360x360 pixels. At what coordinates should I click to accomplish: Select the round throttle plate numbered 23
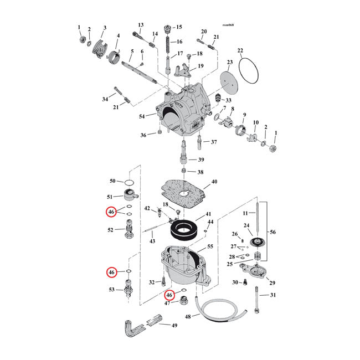[x=229, y=82]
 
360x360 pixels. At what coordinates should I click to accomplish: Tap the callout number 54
[x=142, y=116]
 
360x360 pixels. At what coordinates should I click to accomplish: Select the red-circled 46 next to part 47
[x=169, y=295]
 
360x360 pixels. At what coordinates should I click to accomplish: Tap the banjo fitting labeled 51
[x=129, y=195]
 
